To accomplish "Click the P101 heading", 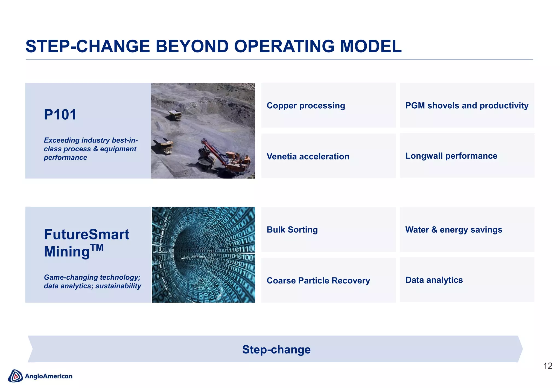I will click(x=60, y=115).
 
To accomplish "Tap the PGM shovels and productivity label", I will click(x=467, y=106).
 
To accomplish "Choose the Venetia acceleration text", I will click(x=308, y=157).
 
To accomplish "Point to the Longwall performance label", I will click(x=451, y=156).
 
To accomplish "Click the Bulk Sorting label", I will click(x=292, y=230).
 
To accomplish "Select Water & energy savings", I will click(x=454, y=230).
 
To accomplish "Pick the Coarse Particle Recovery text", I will click(x=318, y=280).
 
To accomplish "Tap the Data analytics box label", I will click(x=434, y=280).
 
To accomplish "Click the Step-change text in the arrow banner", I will click(x=276, y=349).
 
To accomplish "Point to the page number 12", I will click(x=548, y=366).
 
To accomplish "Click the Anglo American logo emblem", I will click(x=15, y=376).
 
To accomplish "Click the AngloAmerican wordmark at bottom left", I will click(x=49, y=376).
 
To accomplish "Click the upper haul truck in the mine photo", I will click(x=175, y=115).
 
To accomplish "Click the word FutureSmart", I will click(x=86, y=234).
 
